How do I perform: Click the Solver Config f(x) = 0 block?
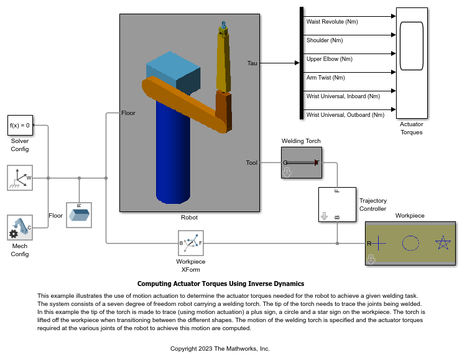20,125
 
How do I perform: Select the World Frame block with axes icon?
20,178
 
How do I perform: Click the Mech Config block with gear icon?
20,228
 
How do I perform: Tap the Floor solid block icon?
79,215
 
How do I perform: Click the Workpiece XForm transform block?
192,243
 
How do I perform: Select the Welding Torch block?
301,162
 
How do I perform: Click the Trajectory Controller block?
337,205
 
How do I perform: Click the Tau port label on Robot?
252,63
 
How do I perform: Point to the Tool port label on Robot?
251,163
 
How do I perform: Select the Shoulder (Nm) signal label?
325,40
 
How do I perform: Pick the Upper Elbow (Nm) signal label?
329,59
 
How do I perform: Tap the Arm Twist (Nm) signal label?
325,78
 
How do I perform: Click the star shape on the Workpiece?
442,242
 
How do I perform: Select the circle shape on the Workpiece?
410,242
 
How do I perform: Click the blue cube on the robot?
173,72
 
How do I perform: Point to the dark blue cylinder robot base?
173,155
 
